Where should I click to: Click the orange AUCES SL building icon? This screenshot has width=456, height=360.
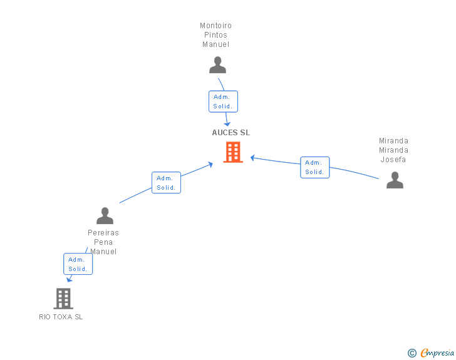[233, 152]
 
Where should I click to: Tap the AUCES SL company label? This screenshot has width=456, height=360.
[231, 133]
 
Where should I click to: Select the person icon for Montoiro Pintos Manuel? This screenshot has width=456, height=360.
[217, 65]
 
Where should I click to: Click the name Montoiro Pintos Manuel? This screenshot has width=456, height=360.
[215, 35]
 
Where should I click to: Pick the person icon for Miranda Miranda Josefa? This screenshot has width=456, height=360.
[395, 180]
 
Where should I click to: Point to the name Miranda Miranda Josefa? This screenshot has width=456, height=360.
[393, 150]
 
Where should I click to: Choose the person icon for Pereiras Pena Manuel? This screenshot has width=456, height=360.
[105, 216]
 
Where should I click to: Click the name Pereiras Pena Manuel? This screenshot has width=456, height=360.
[103, 242]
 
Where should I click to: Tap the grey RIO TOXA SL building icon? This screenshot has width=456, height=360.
[63, 299]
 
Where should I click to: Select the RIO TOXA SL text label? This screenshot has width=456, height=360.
[61, 317]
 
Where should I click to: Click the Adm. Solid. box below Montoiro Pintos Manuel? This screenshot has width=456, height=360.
[223, 101]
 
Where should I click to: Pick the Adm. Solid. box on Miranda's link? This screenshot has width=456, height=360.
[314, 167]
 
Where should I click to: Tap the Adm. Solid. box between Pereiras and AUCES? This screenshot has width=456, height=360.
[166, 183]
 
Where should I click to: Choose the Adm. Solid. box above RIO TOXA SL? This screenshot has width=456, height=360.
[78, 264]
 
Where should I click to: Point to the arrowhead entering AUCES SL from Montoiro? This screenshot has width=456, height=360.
[228, 123]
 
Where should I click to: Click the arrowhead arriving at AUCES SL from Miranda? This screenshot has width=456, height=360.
[253, 158]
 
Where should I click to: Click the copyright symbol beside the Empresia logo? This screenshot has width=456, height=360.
[412, 353]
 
